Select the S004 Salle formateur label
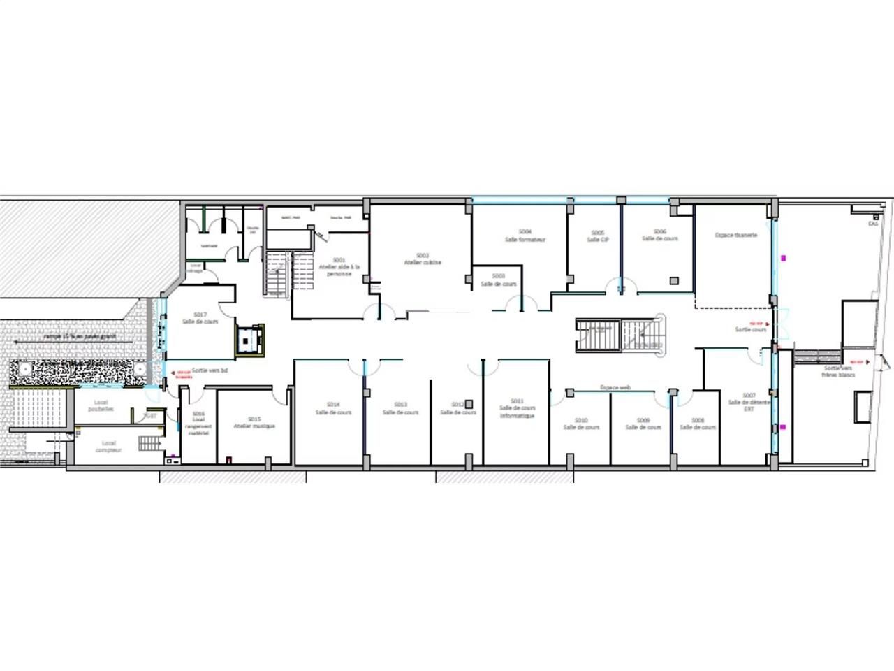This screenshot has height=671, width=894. [x=525, y=236]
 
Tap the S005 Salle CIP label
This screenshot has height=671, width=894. [x=597, y=236]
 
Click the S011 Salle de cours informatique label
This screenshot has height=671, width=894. [x=517, y=408]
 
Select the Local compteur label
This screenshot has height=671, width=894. [x=108, y=447]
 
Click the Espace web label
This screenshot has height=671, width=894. [x=615, y=387]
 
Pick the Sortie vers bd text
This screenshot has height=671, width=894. [x=210, y=371]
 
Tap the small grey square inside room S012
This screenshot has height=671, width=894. [x=469, y=403]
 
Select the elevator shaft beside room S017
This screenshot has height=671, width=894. [x=249, y=340]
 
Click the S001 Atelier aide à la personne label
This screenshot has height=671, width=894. [x=339, y=266]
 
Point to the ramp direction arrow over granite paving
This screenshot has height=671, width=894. [x=70, y=337]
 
